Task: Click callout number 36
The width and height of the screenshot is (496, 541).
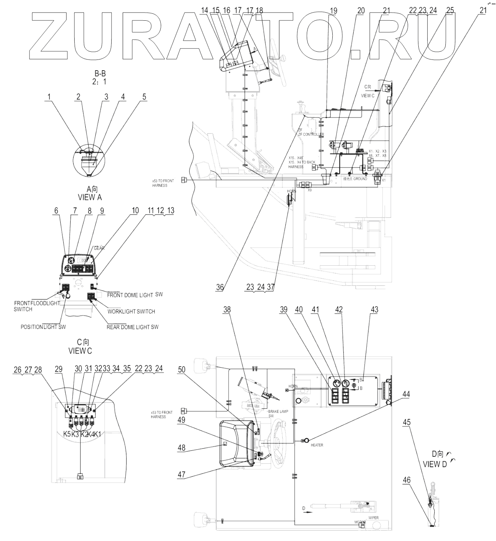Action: click(220, 287)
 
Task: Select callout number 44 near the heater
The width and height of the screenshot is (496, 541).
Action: click(406, 394)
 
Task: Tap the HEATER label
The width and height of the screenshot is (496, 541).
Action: click(317, 445)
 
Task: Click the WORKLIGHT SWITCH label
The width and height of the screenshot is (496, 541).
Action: click(131, 311)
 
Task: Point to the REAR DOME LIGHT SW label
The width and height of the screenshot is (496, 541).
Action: click(132, 327)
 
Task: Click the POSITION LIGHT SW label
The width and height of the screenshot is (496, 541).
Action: click(43, 327)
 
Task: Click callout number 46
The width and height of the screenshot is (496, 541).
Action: click(407, 480)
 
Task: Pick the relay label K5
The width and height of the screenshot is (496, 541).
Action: click(67, 434)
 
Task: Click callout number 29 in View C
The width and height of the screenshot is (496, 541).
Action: click(58, 369)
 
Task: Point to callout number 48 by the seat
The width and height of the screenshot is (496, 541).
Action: click(181, 448)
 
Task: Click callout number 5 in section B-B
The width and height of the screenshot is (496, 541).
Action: click(144, 97)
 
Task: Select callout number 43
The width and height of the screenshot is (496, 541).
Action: click(374, 309)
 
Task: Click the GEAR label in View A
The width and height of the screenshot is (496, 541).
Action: click(99, 248)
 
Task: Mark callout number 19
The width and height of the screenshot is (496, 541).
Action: click(333, 11)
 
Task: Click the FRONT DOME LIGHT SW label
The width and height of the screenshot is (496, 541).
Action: click(135, 295)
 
